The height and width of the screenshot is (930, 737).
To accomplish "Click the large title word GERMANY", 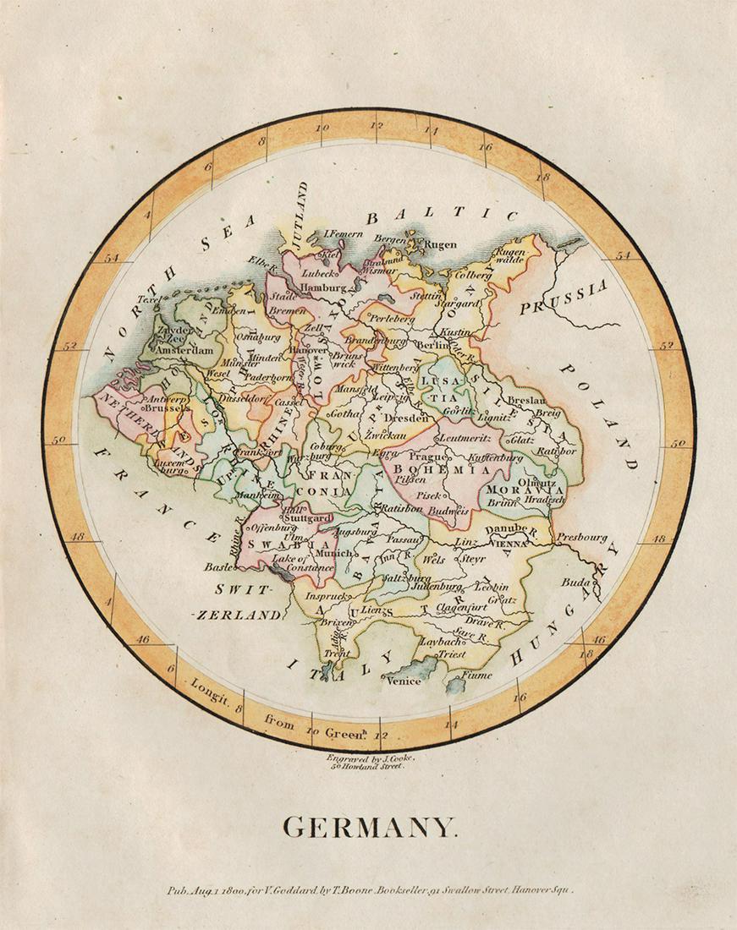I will pyautogui.click(x=369, y=827).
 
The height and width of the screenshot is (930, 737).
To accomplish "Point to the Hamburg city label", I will pyautogui.click(x=317, y=287).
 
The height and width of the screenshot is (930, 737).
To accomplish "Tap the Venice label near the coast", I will pyautogui.click(x=403, y=681).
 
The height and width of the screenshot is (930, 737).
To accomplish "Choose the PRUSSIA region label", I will pyautogui.click(x=564, y=297).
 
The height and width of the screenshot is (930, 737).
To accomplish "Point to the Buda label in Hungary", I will pyautogui.click(x=575, y=583).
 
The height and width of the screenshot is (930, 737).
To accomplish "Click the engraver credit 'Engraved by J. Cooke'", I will pyautogui.click(x=371, y=758).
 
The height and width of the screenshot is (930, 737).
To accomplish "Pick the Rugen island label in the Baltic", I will pyautogui.click(x=440, y=245).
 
